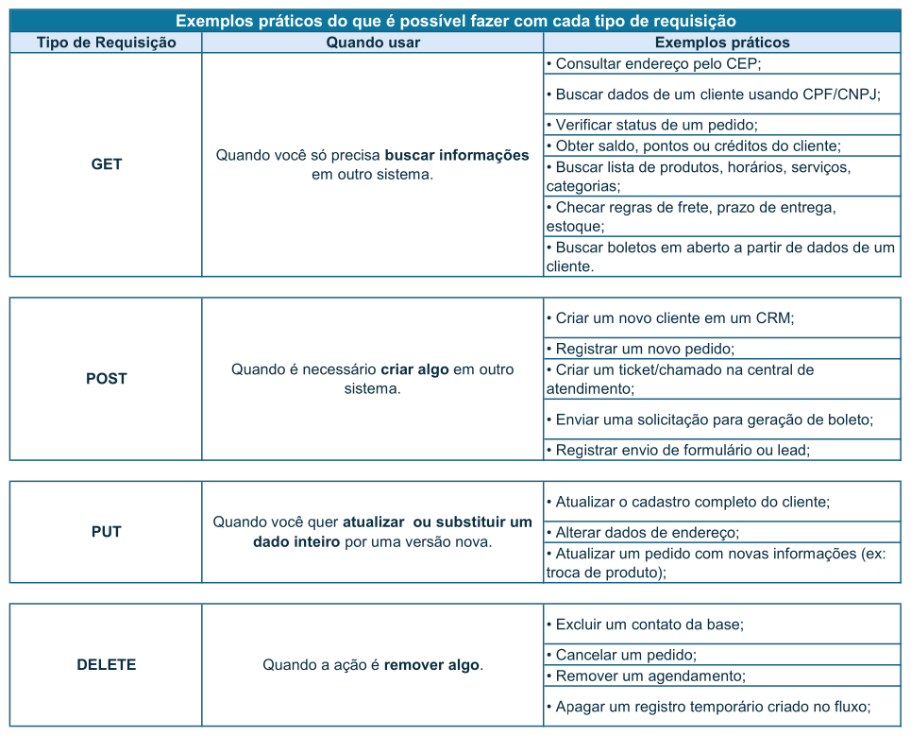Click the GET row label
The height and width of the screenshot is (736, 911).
(x=106, y=164)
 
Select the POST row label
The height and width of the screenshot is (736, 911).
(x=106, y=379)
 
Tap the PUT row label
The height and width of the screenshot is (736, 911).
(x=106, y=532)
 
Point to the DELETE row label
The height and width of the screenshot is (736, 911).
(x=106, y=665)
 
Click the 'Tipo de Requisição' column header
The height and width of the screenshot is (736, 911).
(x=106, y=43)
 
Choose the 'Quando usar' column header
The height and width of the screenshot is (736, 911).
(x=373, y=43)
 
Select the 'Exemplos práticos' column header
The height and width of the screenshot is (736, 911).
(x=722, y=43)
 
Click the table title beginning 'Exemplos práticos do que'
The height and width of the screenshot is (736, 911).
(x=455, y=21)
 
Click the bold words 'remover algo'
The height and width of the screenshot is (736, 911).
(x=431, y=665)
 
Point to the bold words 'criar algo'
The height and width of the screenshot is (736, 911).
(x=414, y=369)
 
